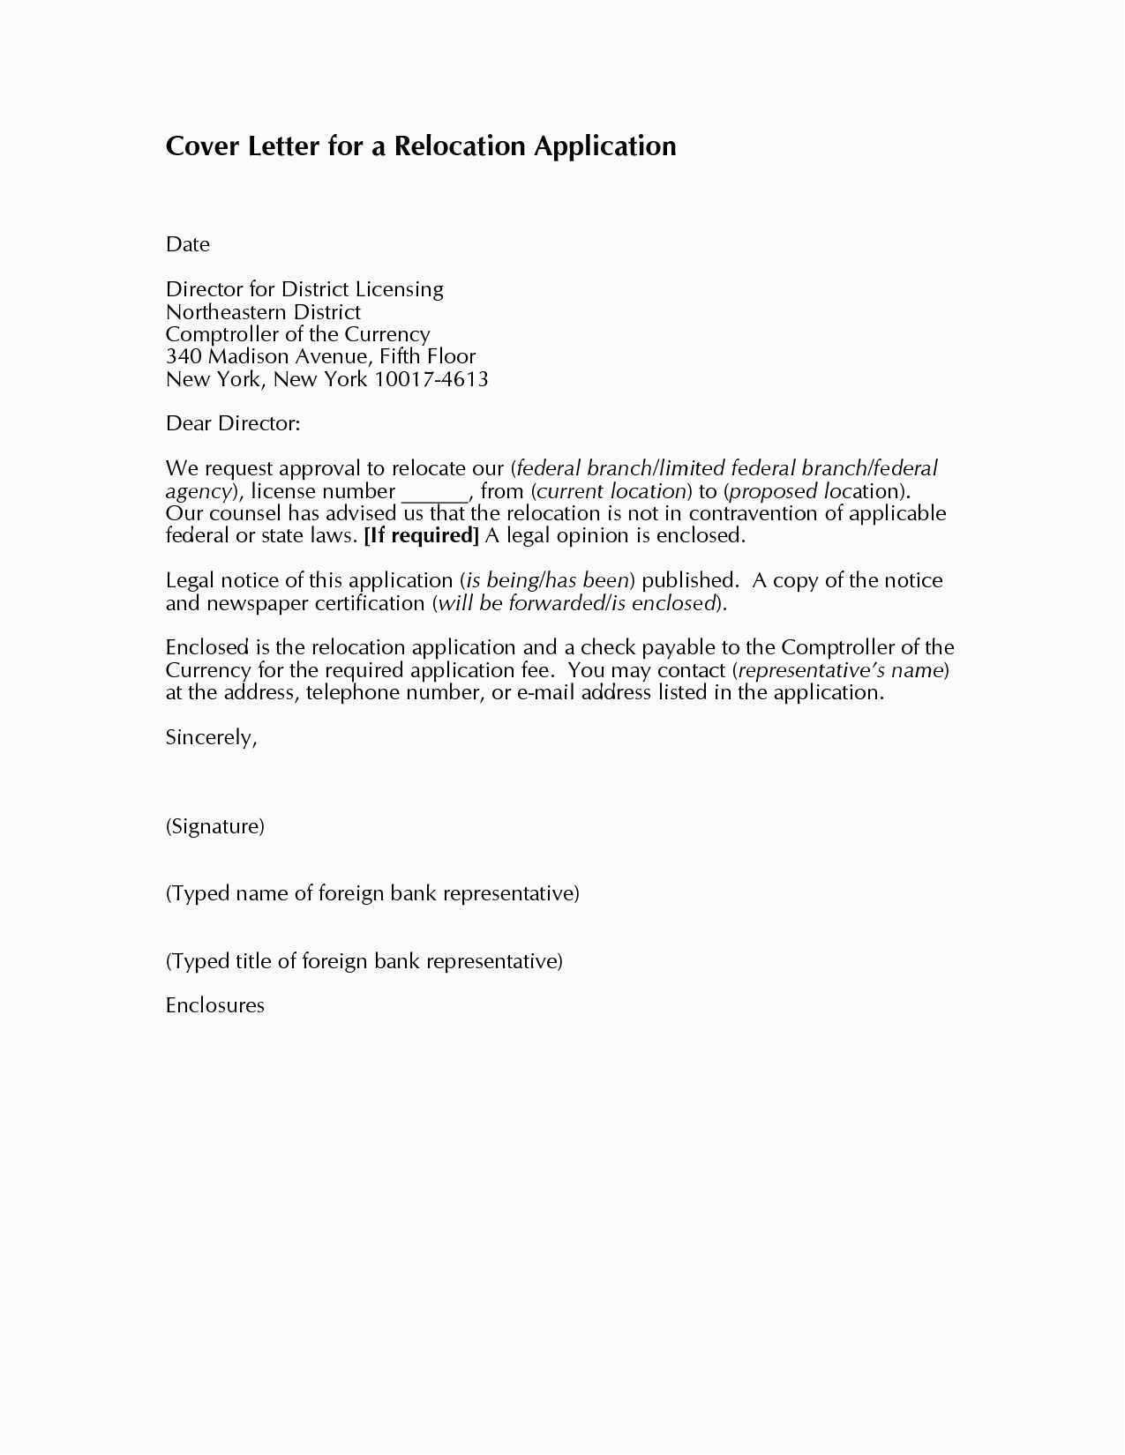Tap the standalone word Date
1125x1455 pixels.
pyautogui.click(x=187, y=244)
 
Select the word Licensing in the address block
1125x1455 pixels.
pyautogui.click(x=399, y=289)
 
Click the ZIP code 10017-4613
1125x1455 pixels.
pyautogui.click(x=431, y=379)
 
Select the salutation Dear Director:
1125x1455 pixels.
pyautogui.click(x=233, y=423)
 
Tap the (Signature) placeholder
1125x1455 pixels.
pyautogui.click(x=215, y=826)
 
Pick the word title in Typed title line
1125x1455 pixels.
pyautogui.click(x=254, y=960)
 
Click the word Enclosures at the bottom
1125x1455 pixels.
pyautogui.click(x=215, y=1005)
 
